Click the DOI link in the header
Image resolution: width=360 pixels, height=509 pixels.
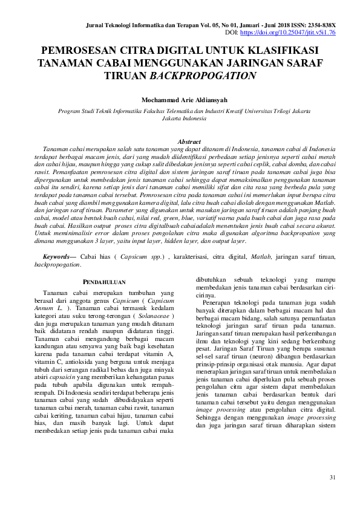click(297, 33)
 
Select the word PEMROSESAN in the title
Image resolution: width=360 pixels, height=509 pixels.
click(79, 50)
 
